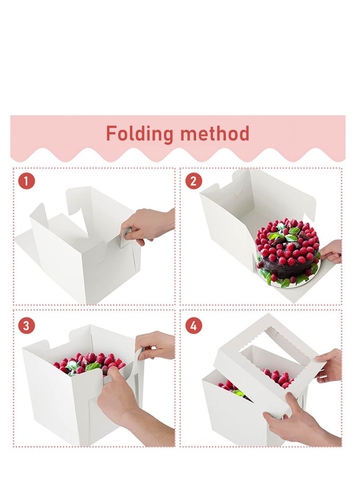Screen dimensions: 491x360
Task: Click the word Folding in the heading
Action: click(139, 134)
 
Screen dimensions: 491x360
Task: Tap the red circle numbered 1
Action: click(27, 181)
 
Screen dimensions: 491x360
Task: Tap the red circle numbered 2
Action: click(193, 181)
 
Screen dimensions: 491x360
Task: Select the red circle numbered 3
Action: click(27, 325)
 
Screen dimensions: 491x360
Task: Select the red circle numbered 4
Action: click(193, 325)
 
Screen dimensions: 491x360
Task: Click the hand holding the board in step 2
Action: click(332, 251)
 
